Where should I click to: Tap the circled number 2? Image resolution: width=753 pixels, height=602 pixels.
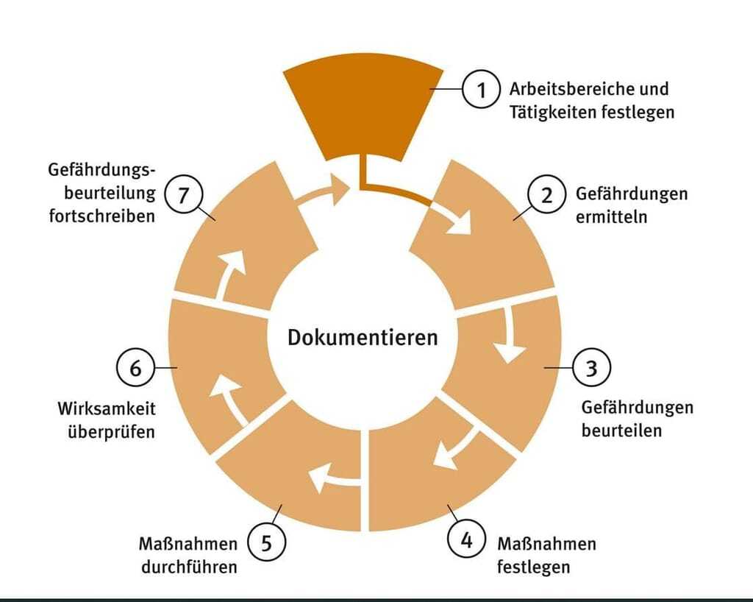click(546, 195)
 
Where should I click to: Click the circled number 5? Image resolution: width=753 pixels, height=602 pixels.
click(266, 544)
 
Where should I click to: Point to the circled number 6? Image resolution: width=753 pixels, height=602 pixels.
click(135, 367)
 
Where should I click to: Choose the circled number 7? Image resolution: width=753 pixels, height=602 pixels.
click(182, 195)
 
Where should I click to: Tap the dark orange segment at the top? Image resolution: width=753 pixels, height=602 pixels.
click(364, 107)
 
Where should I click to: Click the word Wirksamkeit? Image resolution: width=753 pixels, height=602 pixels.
click(107, 408)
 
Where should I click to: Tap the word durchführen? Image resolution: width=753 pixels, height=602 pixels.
click(190, 567)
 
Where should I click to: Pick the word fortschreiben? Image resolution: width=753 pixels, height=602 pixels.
click(103, 217)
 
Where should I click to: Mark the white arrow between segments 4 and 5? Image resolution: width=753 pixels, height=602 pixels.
click(331, 479)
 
